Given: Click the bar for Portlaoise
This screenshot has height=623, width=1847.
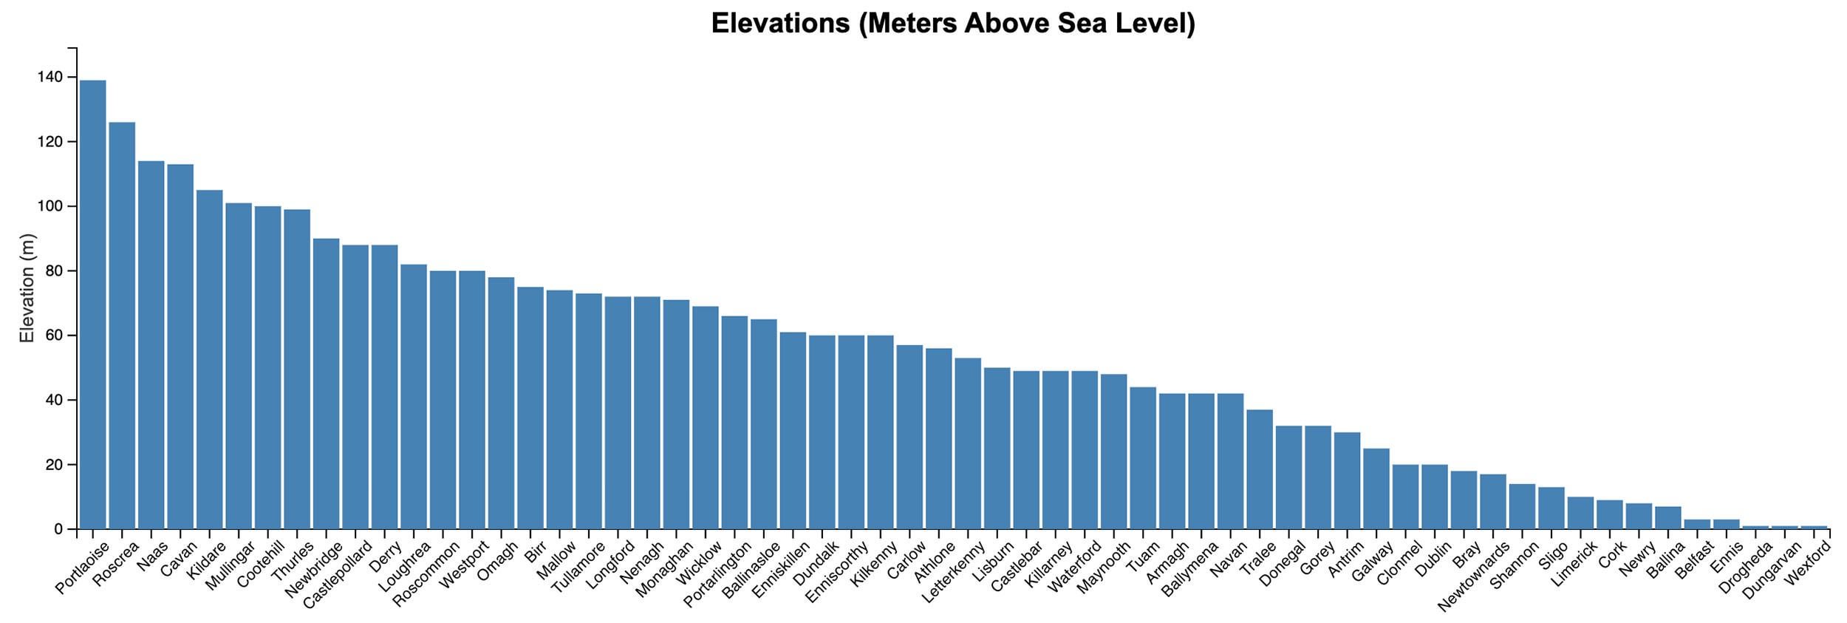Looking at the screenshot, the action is (92, 304).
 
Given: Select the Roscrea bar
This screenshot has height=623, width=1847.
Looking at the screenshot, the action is (122, 326).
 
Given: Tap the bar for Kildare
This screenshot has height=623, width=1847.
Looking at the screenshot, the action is (209, 360).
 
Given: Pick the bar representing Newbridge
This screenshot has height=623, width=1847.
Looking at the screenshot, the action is (326, 384).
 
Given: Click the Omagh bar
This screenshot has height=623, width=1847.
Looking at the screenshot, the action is (501, 404).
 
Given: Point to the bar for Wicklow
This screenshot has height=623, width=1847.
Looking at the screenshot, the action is (706, 418).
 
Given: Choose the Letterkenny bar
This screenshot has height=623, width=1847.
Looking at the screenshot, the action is (968, 443).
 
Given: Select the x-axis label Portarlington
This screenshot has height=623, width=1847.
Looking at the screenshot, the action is (717, 573).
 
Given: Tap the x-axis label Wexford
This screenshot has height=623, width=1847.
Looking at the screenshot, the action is (1808, 562).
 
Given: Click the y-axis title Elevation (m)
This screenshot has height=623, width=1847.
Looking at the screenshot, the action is (27, 288).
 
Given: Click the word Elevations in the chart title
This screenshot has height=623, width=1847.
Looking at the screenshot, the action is (780, 24).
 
